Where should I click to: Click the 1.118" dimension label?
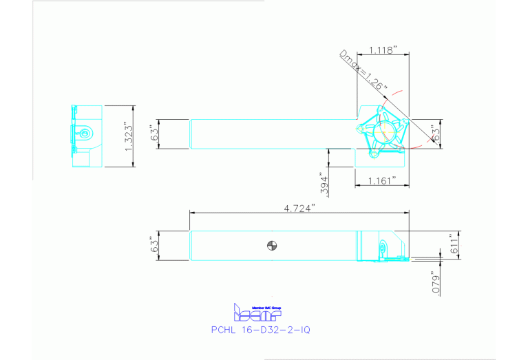383,50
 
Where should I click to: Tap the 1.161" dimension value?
382,180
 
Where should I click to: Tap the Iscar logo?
258,315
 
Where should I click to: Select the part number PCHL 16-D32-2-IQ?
260,330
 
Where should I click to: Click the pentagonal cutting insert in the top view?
386,130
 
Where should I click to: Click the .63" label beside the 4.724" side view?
155,246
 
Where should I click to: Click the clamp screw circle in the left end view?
84,133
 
